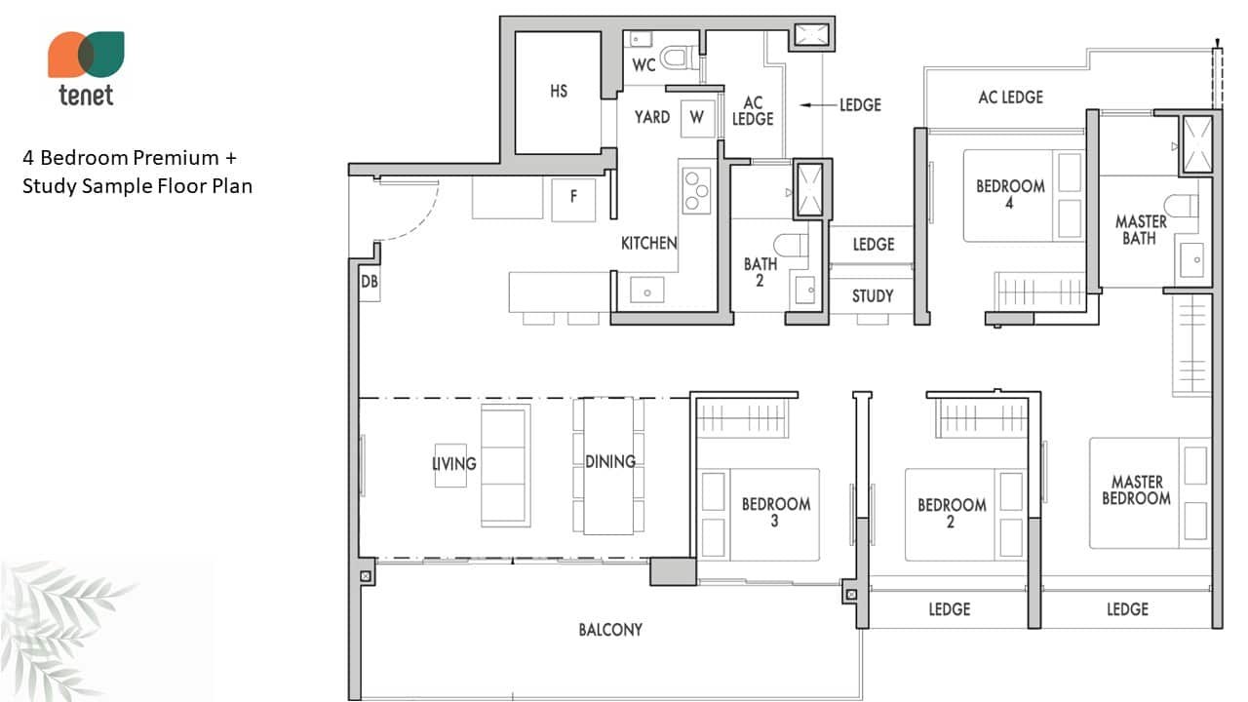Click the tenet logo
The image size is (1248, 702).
(x=86, y=68)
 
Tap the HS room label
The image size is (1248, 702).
(x=559, y=91)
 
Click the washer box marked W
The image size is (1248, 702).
(x=697, y=118)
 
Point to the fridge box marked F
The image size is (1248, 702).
(x=573, y=199)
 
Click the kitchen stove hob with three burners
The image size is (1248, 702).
(x=696, y=190)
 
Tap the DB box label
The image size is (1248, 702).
(x=370, y=282)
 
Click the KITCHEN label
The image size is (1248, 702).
(x=649, y=244)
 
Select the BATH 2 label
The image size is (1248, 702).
(x=760, y=272)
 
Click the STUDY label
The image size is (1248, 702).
(x=873, y=295)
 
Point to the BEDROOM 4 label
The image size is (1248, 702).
(x=1010, y=194)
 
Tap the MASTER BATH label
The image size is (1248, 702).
(x=1141, y=230)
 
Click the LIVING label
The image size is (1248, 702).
(x=454, y=463)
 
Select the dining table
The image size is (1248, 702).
(x=608, y=466)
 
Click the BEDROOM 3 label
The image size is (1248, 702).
(x=775, y=512)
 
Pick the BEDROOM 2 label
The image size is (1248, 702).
(x=952, y=513)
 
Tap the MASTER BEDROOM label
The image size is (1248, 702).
(x=1137, y=489)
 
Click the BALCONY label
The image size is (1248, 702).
(x=610, y=630)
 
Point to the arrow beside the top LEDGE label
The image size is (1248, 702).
(x=818, y=104)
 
